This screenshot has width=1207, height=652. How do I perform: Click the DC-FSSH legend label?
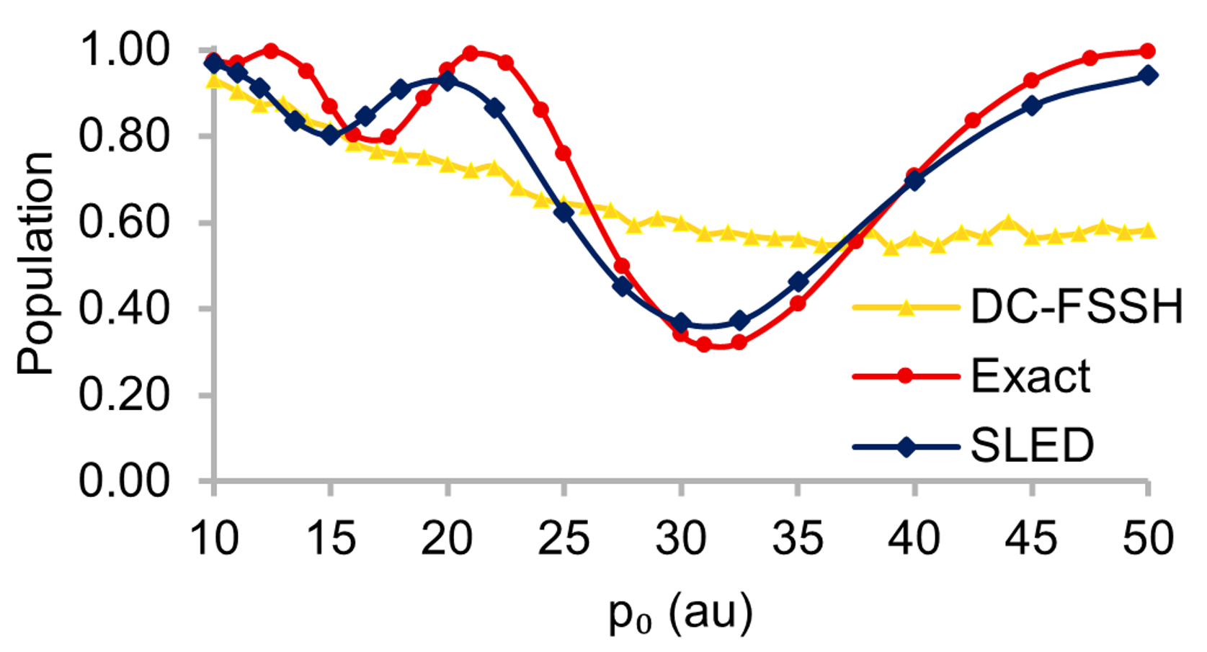click(1077, 306)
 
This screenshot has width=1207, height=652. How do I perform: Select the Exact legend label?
click(1030, 376)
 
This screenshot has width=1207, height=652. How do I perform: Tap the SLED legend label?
click(1032, 446)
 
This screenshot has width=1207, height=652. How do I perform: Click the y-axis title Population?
click(36, 263)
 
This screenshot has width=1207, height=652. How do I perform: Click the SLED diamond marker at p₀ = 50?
click(1149, 76)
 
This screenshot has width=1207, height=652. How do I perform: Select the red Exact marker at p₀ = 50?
click(1148, 51)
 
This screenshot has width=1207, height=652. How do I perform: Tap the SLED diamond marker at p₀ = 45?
click(1032, 105)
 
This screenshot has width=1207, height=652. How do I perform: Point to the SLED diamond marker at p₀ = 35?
click(798, 282)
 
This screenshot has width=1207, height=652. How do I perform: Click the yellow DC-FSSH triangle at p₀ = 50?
click(1148, 231)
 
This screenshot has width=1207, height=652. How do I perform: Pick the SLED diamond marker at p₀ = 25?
click(564, 213)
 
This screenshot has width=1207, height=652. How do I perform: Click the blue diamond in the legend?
click(906, 447)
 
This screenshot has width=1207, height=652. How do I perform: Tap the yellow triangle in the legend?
click(906, 308)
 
